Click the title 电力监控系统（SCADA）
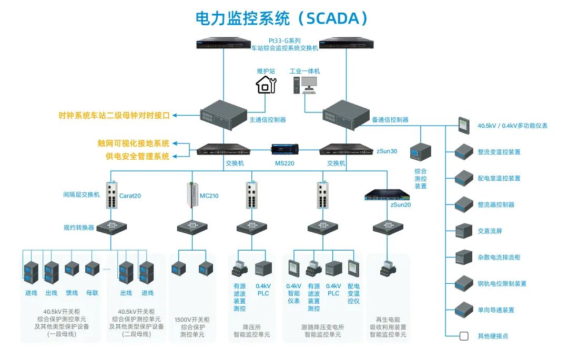tap(281, 19)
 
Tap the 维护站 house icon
tap(266, 84)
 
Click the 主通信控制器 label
tap(267, 120)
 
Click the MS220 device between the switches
tap(285, 149)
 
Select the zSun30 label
tap(387, 151)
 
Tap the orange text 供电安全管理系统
tap(137, 156)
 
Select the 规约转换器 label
tap(79, 228)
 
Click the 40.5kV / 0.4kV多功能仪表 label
tap(512, 126)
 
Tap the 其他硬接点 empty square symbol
tap(464, 336)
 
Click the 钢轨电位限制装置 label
tap(502, 284)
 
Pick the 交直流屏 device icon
tap(464, 231)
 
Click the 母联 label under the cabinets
tap(92, 293)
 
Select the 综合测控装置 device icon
tap(421, 153)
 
